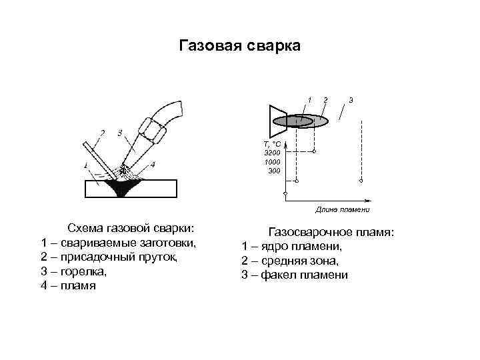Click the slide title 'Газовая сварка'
240,46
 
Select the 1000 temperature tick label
272,162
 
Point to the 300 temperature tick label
274,171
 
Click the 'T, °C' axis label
272,144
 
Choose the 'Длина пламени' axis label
343,209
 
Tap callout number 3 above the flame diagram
351,100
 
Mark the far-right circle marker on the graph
361,181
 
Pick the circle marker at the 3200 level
314,152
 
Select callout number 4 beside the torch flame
153,164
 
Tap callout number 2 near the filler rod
102,132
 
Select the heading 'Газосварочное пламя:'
331,232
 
